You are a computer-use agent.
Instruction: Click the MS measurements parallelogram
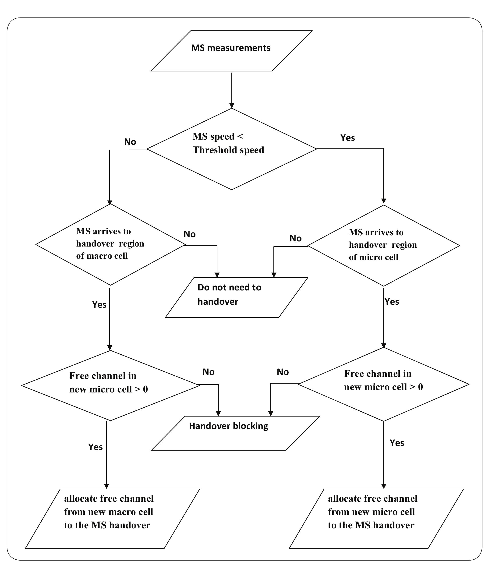[x=231, y=51]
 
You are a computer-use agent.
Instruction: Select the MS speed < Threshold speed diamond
[x=232, y=149]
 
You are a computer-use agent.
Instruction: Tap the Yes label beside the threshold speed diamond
[x=347, y=138]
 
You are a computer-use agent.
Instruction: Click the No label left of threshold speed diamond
[x=130, y=142]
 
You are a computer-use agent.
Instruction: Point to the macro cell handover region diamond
[x=110, y=244]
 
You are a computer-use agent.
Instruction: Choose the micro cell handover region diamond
[x=383, y=246]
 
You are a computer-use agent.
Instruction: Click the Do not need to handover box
[x=236, y=297]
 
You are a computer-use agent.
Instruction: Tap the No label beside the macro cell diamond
[x=190, y=234]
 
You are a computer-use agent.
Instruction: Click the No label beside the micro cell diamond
[x=295, y=239]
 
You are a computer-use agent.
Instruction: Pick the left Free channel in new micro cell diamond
[x=110, y=385]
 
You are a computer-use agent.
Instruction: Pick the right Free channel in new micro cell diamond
[x=383, y=384]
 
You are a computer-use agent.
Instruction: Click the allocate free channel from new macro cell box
[x=112, y=519]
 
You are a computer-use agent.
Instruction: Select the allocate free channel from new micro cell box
[x=376, y=519]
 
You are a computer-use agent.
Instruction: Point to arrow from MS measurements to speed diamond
[x=232, y=89]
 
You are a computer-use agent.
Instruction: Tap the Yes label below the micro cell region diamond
[x=392, y=302]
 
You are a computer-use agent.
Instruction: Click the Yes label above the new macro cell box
[x=95, y=447]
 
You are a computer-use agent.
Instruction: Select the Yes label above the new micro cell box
[x=397, y=443]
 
